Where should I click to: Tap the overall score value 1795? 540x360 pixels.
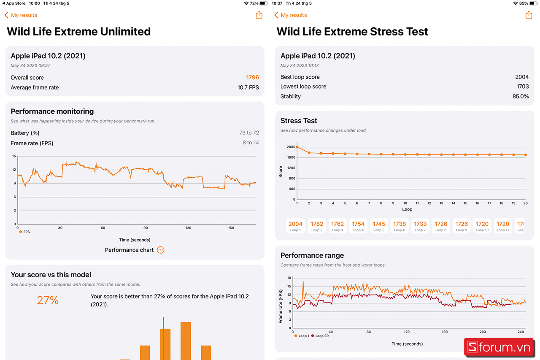click(252, 78)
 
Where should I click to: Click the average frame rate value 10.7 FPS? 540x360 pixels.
click(248, 88)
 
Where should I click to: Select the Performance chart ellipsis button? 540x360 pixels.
click(160, 250)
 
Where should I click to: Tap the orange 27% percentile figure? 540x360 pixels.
click(48, 300)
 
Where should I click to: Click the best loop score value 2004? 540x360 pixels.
click(522, 77)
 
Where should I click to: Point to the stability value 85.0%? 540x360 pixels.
click(520, 96)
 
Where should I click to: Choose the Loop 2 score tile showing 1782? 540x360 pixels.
click(317, 226)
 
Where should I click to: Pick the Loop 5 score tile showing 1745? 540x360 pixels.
click(379, 226)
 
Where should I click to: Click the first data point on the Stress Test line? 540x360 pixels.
click(297, 147)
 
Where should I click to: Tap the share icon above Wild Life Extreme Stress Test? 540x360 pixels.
click(529, 15)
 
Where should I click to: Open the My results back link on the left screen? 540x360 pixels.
click(21, 15)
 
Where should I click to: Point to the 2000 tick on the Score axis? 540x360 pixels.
click(291, 147)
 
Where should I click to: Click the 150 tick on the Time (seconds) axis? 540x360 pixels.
click(231, 228)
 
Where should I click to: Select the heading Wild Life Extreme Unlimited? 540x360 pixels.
click(79, 32)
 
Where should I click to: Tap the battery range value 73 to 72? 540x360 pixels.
click(249, 133)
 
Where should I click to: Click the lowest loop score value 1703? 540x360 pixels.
click(522, 87)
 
